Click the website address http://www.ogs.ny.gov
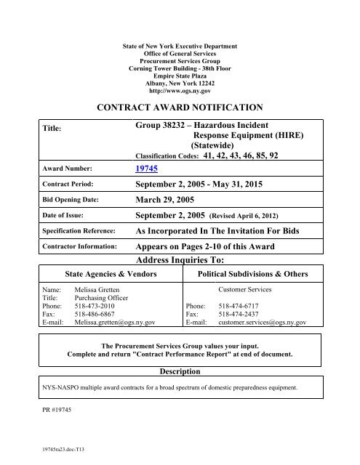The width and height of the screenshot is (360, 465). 180,91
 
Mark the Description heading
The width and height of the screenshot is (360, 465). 179,372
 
